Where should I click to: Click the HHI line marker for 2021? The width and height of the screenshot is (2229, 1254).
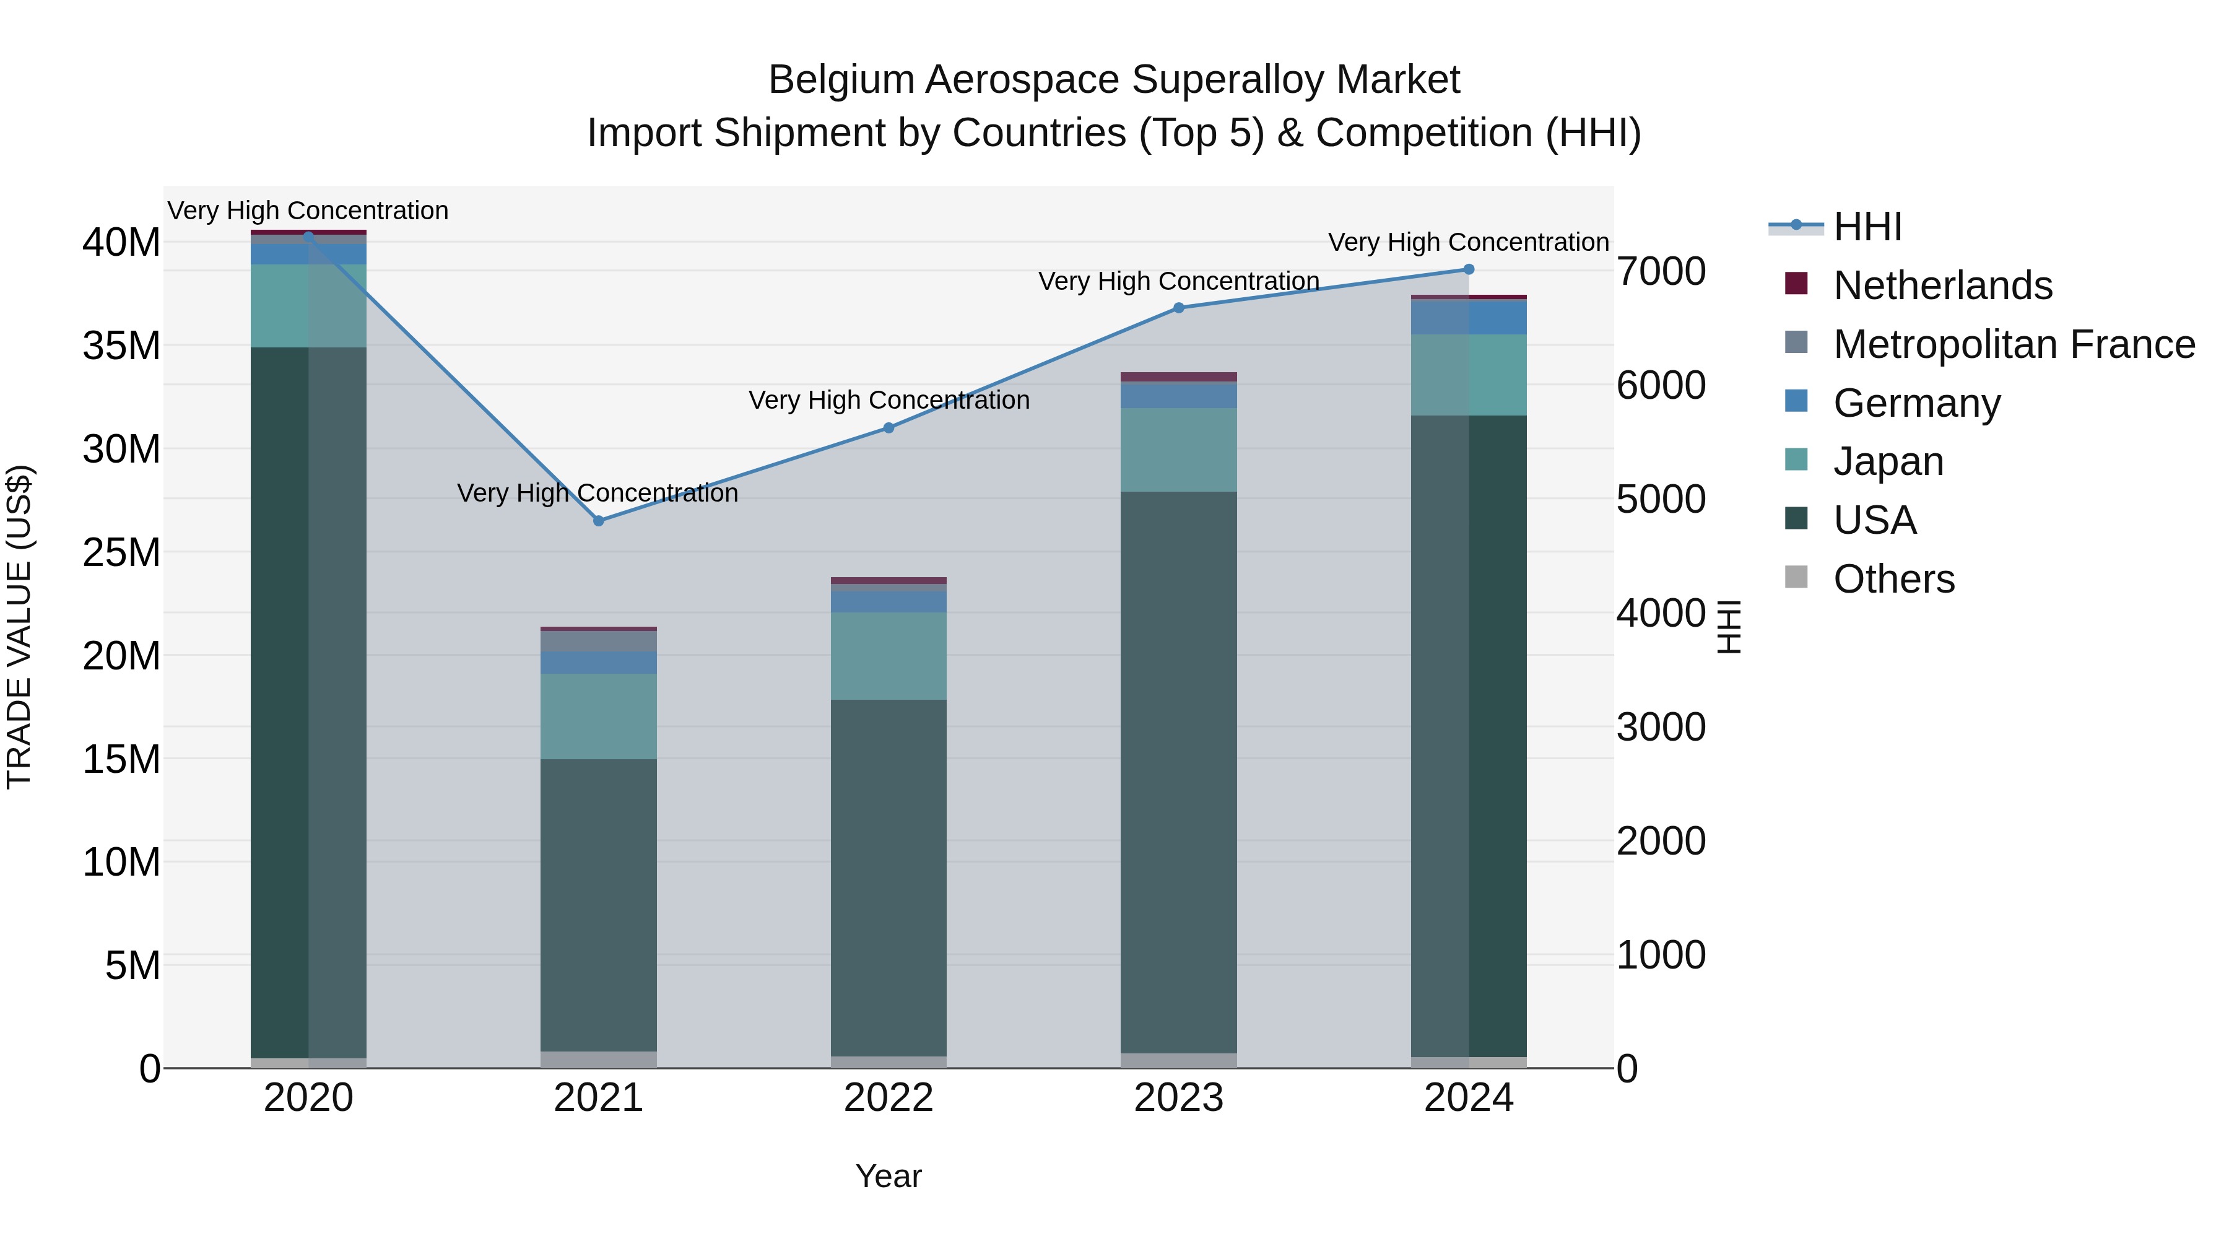point(598,521)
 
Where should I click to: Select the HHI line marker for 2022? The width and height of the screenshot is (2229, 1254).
point(888,427)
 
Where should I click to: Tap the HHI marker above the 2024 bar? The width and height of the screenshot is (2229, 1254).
point(1469,269)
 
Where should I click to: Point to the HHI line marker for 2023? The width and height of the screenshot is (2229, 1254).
point(1178,307)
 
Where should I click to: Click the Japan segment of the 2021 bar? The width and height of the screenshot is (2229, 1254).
point(598,716)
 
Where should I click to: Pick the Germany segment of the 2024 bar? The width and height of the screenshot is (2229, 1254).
point(1469,318)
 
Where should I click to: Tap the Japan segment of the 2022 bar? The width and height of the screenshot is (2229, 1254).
point(888,655)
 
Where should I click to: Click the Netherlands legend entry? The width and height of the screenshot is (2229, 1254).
point(1942,285)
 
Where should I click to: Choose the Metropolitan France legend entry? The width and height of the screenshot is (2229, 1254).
point(2014,344)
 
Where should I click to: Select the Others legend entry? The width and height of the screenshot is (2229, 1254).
point(1893,579)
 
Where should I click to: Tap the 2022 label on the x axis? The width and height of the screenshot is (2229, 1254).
point(888,1098)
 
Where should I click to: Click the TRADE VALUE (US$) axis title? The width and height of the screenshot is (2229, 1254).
point(19,627)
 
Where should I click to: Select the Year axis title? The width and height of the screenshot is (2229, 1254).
point(888,1176)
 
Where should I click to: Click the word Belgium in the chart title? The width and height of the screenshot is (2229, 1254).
point(841,80)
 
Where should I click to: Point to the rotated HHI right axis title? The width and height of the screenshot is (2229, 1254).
point(1728,627)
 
